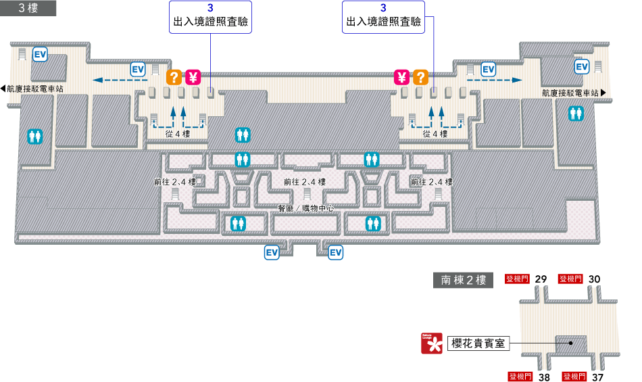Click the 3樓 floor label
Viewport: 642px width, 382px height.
coord(28,8)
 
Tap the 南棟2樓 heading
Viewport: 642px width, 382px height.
coord(464,280)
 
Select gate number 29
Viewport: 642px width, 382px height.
coord(541,279)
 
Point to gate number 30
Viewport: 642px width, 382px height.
coord(595,279)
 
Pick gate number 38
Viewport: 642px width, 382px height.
coord(544,377)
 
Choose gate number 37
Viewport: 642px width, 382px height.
coord(597,377)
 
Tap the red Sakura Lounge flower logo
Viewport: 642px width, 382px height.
coord(432,343)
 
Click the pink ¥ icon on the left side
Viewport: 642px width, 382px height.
coord(194,76)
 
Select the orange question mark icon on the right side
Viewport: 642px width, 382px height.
coord(420,76)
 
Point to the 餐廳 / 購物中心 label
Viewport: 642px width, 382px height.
coord(306,208)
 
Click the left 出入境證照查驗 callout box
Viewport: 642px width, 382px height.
coord(210,17)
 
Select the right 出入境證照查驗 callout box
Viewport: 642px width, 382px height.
coord(383,17)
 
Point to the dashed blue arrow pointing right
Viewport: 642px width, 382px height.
coord(494,80)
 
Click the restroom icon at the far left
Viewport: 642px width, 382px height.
coord(35,137)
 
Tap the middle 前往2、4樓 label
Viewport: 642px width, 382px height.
coord(305,182)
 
